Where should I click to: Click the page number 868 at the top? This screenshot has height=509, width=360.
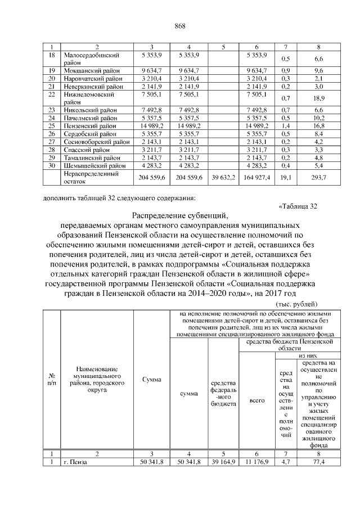(x=180, y=26)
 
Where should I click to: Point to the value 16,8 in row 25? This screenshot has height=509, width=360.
(x=318, y=127)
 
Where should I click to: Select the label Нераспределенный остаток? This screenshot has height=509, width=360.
(x=91, y=177)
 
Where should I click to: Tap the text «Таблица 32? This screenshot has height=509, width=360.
(x=298, y=205)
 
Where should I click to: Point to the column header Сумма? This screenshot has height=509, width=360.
(x=151, y=380)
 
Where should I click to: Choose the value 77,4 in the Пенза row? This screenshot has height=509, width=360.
(x=318, y=462)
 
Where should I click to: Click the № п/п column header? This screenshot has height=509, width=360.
(x=52, y=380)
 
